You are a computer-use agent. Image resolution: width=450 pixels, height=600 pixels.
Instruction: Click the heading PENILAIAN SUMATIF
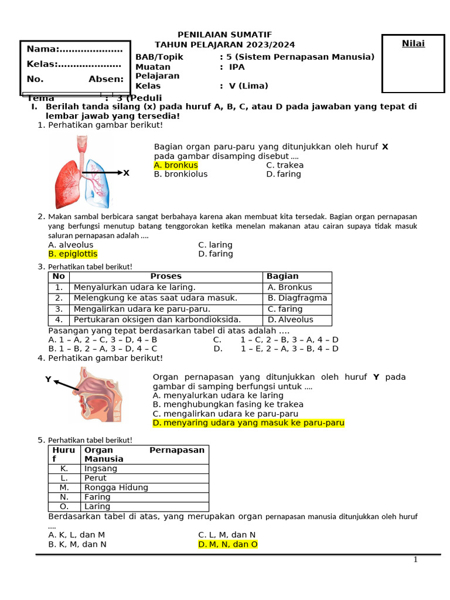pos(225,35)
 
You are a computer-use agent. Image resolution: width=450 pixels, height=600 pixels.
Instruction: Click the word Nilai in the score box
pos(413,44)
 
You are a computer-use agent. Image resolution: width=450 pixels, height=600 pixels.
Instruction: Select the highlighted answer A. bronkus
pos(176,165)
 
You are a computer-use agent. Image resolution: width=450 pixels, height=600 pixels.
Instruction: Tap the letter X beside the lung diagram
pos(126,173)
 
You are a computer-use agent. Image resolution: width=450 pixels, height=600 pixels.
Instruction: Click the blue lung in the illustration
pos(98,183)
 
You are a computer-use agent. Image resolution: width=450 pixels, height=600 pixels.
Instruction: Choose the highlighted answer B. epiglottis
pos(73,254)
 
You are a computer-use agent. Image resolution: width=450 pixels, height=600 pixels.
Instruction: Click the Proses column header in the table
pos(166,276)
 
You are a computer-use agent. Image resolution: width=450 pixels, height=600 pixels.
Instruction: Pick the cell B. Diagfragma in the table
pos(297,298)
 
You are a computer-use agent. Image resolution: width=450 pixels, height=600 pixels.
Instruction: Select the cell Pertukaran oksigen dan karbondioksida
pos(157,320)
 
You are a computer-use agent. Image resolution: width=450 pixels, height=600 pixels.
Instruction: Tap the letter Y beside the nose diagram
pos(48,380)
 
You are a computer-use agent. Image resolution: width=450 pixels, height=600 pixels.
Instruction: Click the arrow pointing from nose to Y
pos(66,385)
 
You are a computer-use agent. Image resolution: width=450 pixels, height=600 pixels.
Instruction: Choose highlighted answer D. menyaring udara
pos(248,422)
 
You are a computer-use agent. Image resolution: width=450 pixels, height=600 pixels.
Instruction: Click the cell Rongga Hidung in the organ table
pos(116,487)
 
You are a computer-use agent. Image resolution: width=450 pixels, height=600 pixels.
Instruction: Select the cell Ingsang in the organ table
pos(101,468)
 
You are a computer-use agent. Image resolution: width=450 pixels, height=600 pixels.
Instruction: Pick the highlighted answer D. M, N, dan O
pos(228,544)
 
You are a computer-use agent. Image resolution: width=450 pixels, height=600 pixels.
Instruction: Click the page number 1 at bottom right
pos(415,560)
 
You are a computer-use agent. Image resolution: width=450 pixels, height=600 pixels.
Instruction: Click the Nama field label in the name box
pos(42,49)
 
